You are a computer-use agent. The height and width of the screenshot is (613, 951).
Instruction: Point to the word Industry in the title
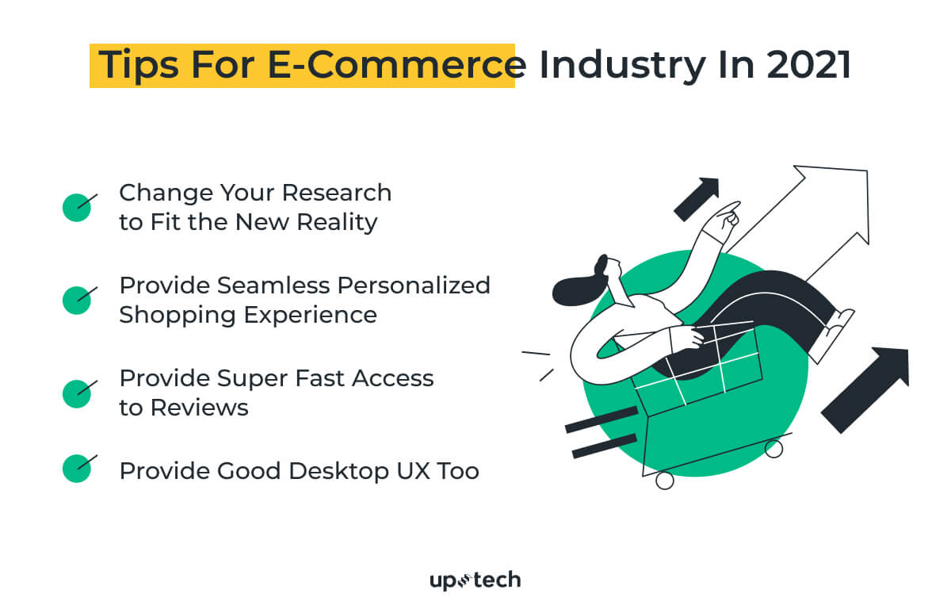coord(621,66)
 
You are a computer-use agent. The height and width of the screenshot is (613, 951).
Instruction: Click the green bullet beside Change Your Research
coord(77,207)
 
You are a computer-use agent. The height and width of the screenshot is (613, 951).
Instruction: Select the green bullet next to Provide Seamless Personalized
coord(77,299)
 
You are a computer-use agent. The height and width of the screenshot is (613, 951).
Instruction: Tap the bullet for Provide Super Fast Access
coord(77,393)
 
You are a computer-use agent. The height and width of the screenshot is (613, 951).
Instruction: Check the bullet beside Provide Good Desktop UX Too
coord(77,468)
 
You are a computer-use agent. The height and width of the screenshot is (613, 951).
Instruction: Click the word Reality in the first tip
coord(337,222)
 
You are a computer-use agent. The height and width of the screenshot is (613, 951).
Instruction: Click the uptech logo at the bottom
coord(475,580)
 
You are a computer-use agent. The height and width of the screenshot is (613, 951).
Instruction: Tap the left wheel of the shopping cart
coord(664,480)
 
